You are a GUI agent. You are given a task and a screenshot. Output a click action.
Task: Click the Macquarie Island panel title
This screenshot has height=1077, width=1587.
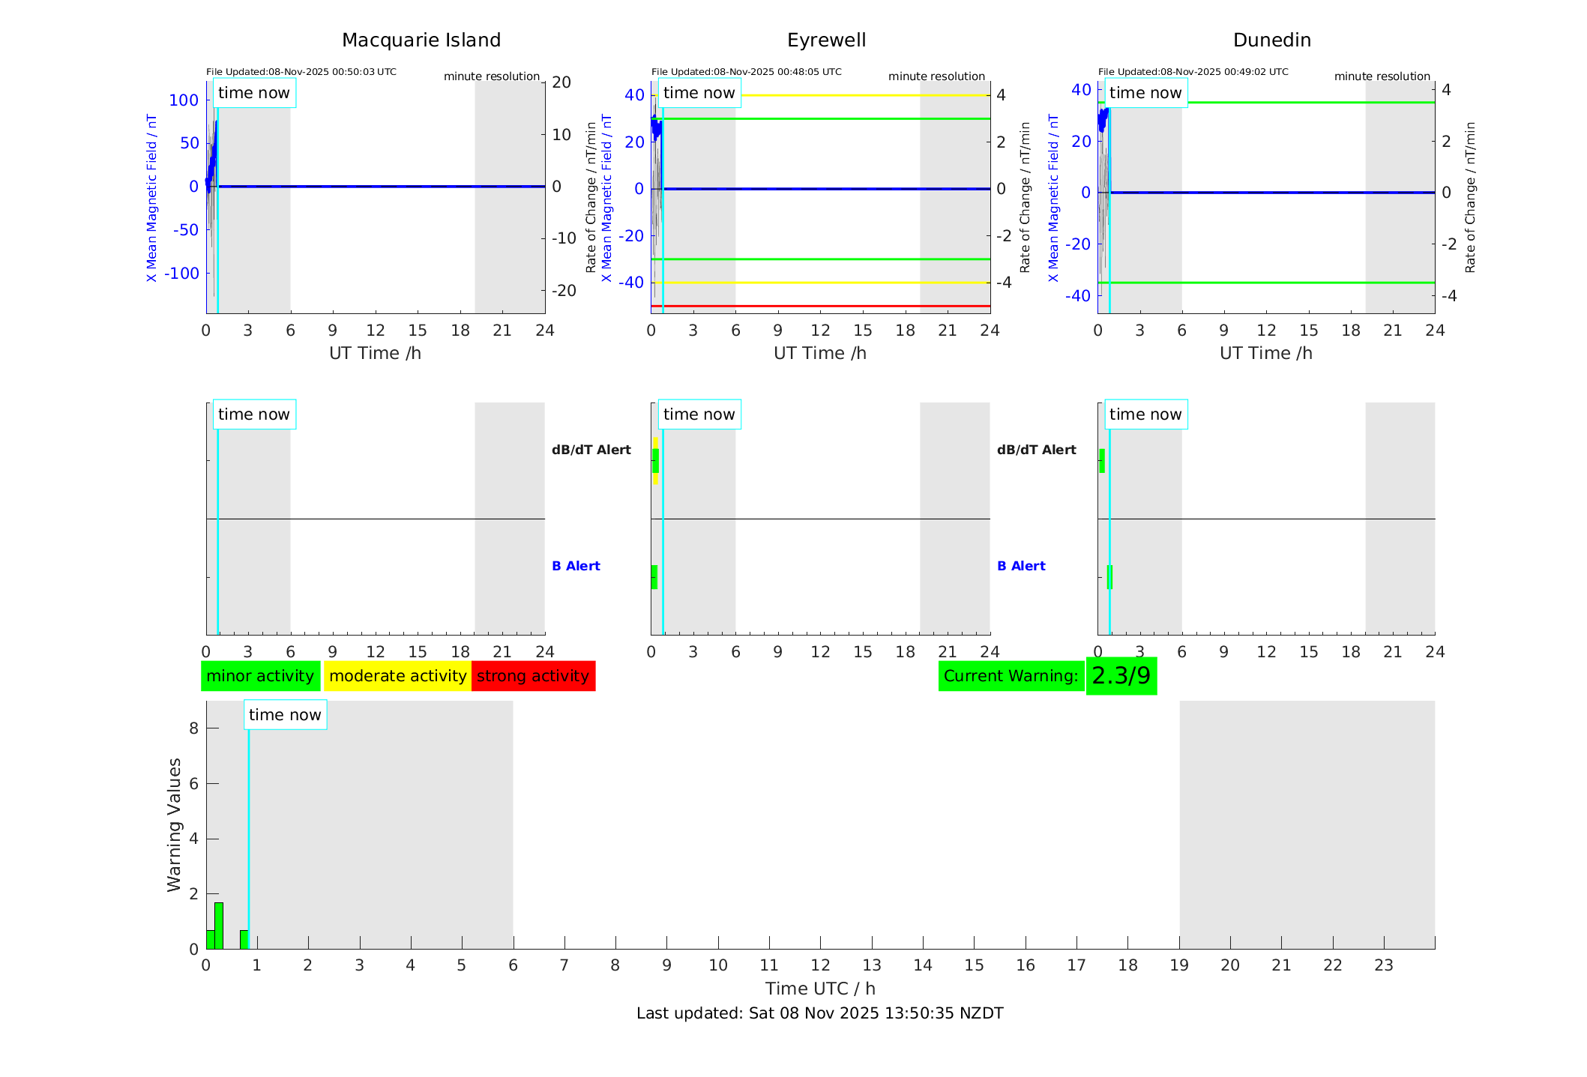coord(421,40)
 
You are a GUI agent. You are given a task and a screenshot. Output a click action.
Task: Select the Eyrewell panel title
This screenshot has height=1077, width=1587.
coord(826,40)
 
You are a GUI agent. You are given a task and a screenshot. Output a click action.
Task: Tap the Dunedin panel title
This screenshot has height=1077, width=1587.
coord(1271,40)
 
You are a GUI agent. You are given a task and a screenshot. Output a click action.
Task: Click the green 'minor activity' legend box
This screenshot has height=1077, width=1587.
coord(260,676)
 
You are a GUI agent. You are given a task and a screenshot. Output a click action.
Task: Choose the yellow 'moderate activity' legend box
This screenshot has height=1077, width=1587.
coord(397,676)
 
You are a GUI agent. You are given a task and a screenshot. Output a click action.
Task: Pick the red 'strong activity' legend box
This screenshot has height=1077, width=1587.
coord(533,676)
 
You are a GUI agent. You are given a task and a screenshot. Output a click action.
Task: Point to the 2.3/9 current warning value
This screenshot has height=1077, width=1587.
coord(1121,676)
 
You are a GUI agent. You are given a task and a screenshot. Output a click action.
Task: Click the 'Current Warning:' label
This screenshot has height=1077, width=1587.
coord(1011,676)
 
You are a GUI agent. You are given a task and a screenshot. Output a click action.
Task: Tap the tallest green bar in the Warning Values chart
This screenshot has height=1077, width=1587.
coord(219,926)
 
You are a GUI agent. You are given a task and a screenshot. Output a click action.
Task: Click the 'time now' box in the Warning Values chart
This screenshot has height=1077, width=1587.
coord(285,715)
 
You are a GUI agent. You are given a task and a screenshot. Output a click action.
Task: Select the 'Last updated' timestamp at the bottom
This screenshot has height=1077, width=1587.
coord(819,1013)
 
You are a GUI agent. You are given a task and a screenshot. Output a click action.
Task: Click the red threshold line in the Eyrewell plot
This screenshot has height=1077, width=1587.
coord(825,306)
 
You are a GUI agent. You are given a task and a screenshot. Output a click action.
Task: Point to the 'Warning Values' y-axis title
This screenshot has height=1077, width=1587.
coord(174,824)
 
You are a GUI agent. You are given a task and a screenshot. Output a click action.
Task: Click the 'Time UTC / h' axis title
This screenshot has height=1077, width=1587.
coord(819,989)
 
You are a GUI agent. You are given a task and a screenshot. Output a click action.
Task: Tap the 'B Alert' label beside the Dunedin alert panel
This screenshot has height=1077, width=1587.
coord(1021,566)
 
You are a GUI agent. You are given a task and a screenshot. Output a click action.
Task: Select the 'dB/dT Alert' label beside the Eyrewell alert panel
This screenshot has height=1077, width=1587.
coord(591,450)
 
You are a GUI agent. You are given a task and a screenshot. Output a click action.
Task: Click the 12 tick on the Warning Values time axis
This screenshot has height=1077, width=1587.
coord(820,965)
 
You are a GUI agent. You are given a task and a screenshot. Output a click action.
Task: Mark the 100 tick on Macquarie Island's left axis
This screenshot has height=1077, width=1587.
coord(184,100)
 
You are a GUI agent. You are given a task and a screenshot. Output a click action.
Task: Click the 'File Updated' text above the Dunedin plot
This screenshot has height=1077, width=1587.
coord(1193,72)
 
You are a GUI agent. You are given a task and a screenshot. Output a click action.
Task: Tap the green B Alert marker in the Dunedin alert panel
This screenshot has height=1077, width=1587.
coord(1109,577)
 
